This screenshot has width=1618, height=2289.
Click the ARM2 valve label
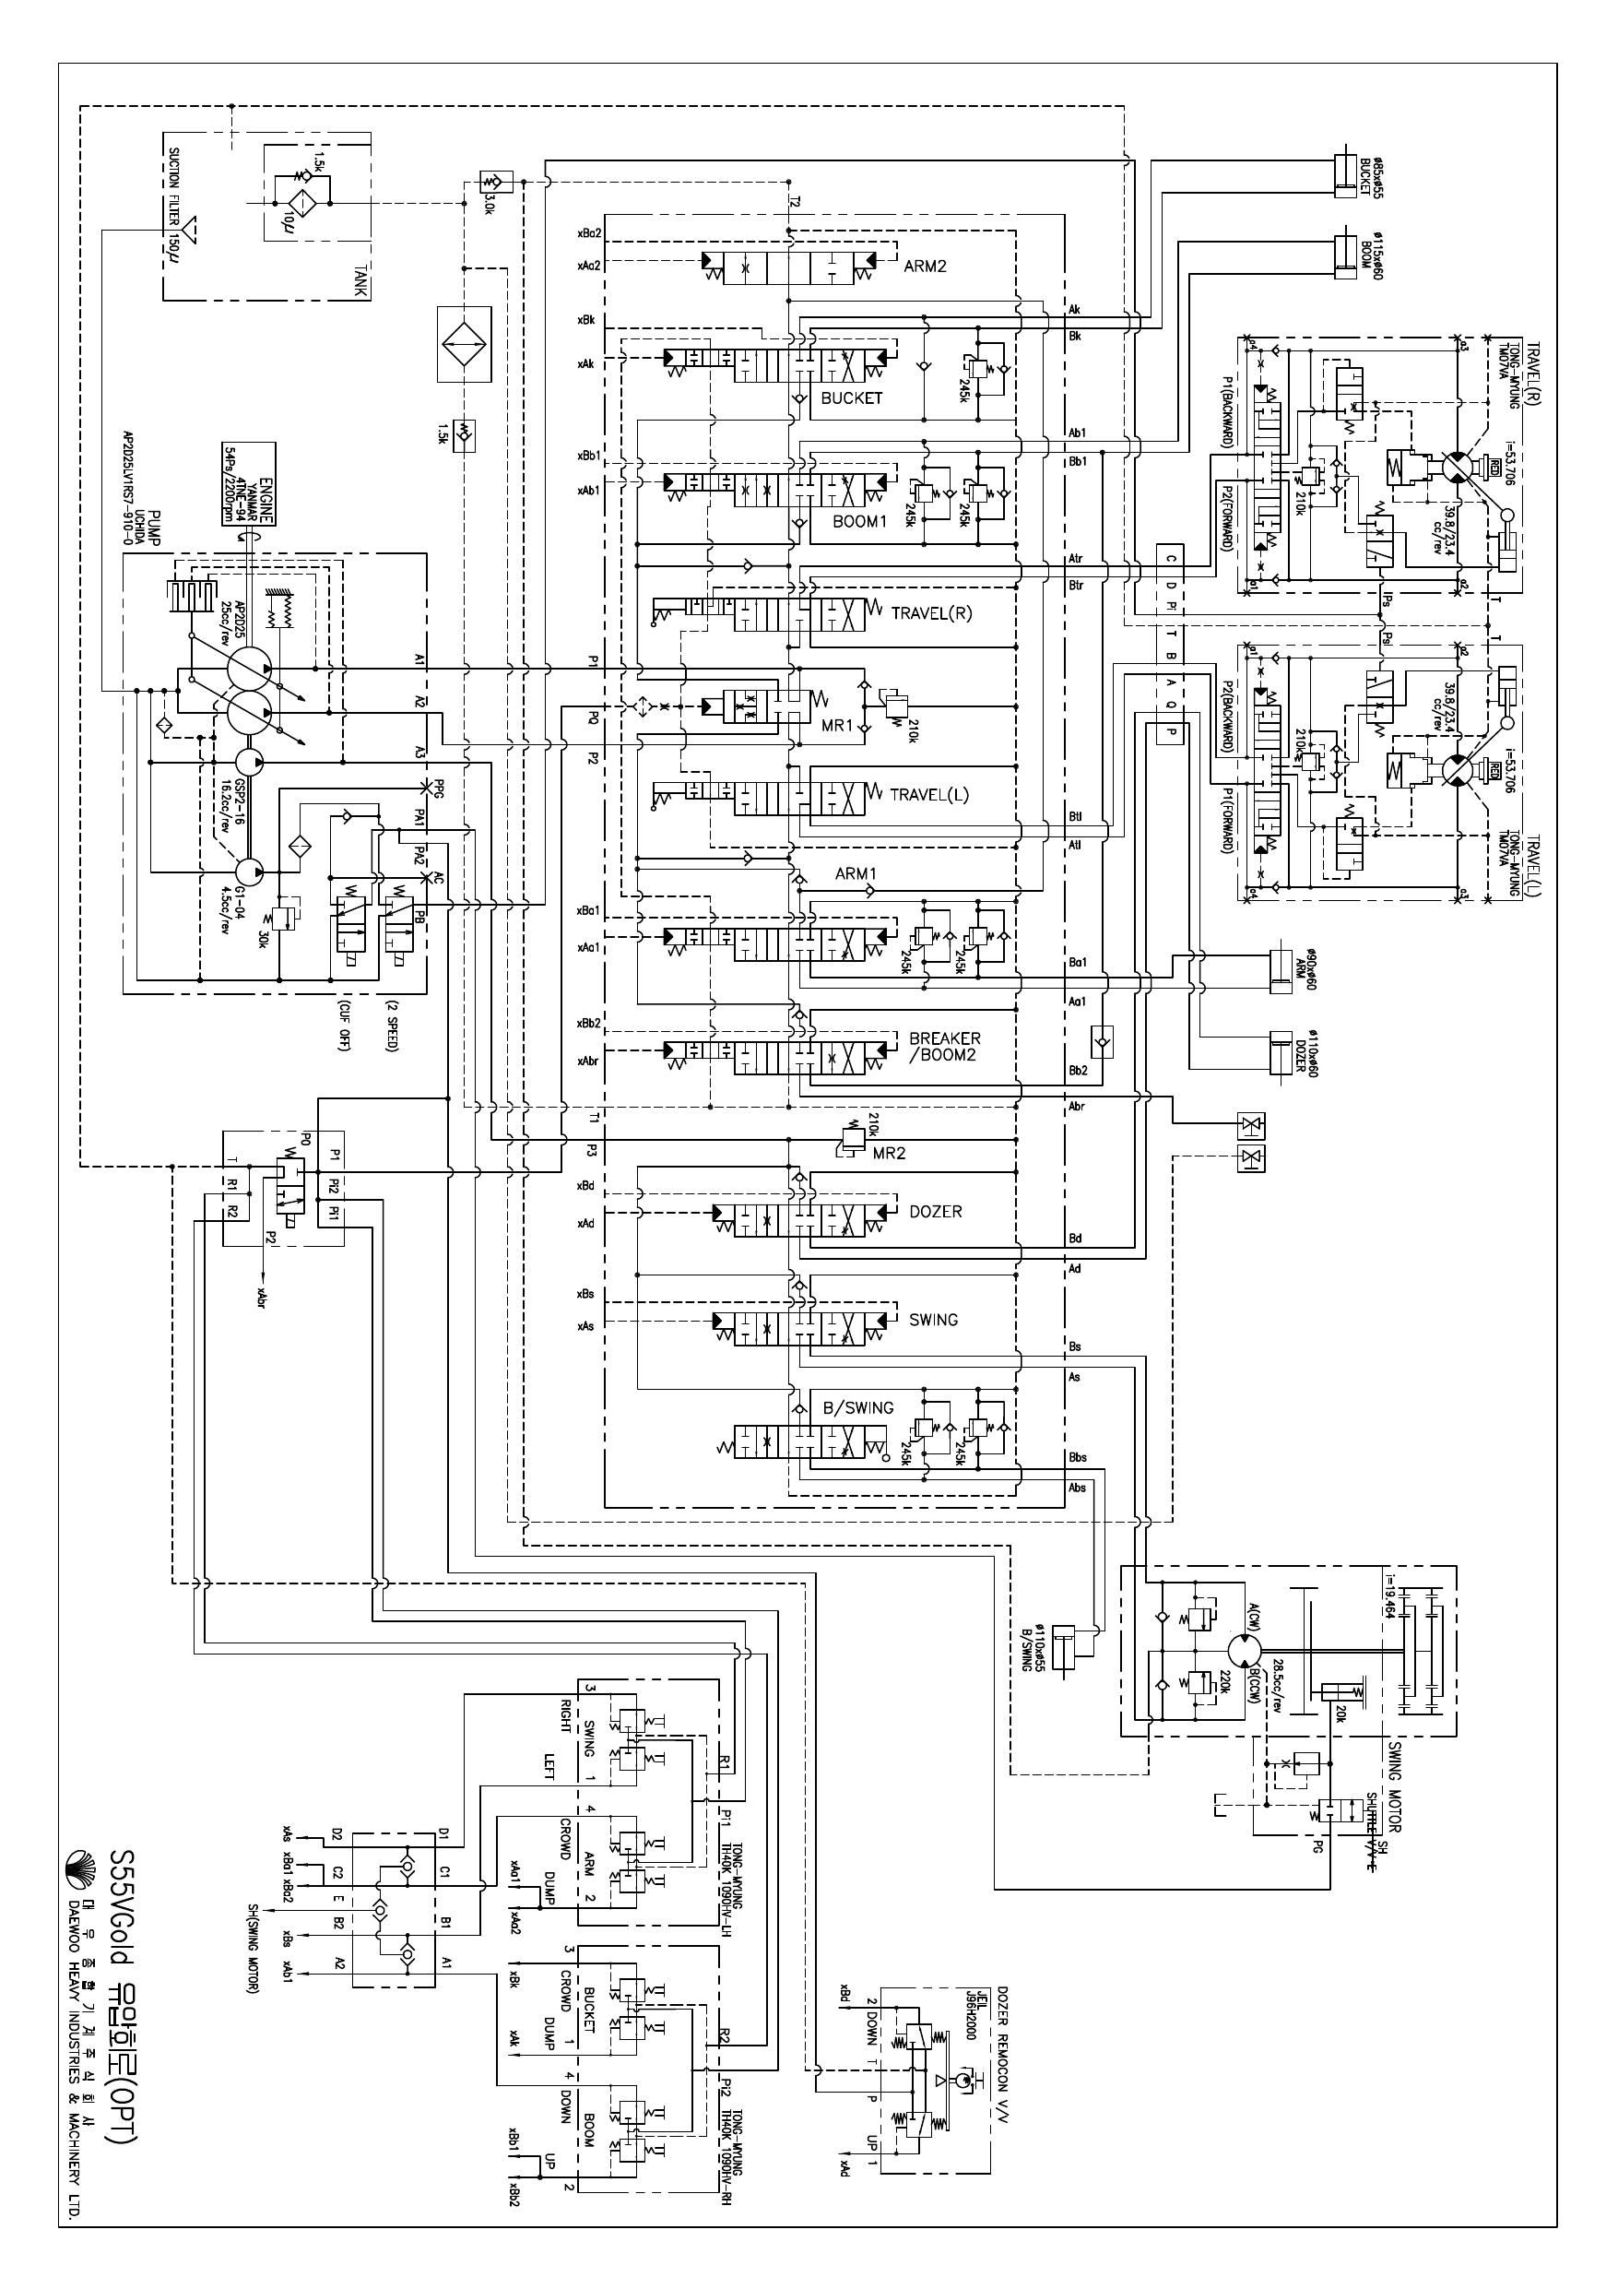[x=924, y=267]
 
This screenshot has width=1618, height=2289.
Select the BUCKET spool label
[x=850, y=397]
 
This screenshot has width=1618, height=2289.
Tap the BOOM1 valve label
[x=858, y=521]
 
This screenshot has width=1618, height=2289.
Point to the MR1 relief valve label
[x=837, y=726]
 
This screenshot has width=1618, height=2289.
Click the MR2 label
[x=888, y=1154]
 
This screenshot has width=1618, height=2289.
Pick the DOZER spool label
[x=935, y=1211]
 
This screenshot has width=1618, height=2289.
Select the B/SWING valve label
[x=857, y=1407]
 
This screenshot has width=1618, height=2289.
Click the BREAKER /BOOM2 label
[x=943, y=1047]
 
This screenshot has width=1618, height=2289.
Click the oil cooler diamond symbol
[x=464, y=344]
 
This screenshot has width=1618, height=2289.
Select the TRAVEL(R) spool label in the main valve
[x=931, y=613]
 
